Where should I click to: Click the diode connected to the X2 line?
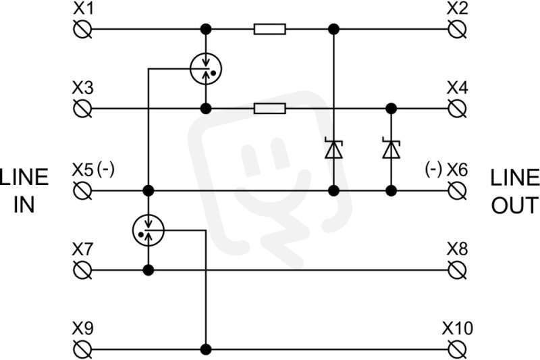pos(333,149)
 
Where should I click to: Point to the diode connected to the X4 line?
pos(391,149)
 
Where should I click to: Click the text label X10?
pos(458,328)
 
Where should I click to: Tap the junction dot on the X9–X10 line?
pos(206,349)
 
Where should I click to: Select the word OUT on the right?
pos(514,205)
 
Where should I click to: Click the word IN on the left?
pos(24,205)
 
